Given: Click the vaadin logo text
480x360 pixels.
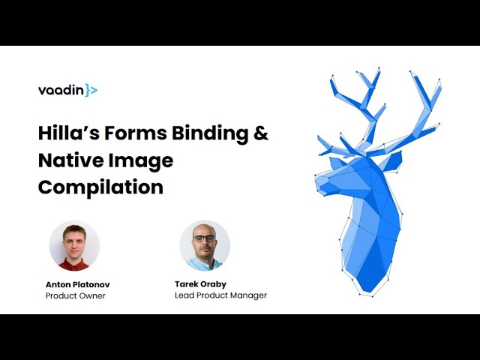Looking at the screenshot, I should tap(61, 91).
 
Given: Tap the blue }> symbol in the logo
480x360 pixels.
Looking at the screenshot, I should tap(91, 91).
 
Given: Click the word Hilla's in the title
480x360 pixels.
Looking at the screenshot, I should tap(70, 133).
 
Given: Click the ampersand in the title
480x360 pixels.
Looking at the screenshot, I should tap(260, 133).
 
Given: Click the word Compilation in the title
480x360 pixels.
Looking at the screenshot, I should tap(100, 187).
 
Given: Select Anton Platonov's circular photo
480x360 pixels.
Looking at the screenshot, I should tap(74, 245).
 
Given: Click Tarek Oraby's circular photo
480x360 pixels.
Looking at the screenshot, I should tap(205, 245).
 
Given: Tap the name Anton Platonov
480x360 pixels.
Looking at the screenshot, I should tap(77, 284).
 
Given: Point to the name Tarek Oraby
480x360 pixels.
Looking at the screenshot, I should tap(201, 284).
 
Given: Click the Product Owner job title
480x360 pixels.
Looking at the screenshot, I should tap(75, 295).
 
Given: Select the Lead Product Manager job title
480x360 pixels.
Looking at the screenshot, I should tap(220, 295).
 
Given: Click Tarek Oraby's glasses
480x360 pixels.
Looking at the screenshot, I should tap(205, 238).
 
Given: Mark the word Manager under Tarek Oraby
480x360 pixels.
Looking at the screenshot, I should tap(248, 295).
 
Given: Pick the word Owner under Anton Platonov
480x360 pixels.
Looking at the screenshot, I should tap(93, 295).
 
